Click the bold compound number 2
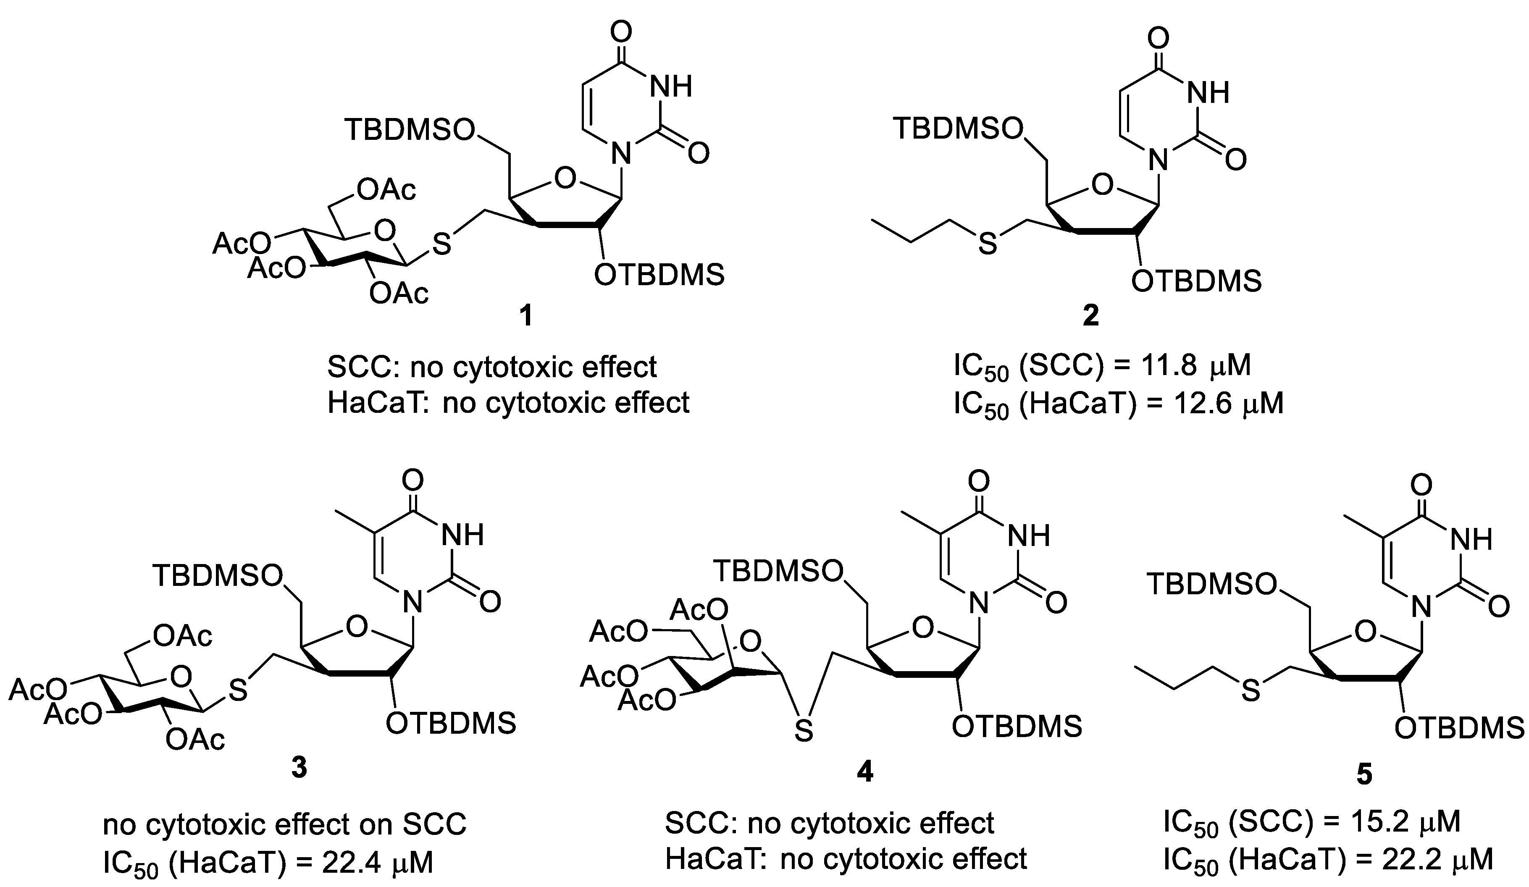click(1090, 316)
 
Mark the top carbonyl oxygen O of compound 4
click(977, 482)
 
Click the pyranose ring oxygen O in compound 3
click(181, 675)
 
